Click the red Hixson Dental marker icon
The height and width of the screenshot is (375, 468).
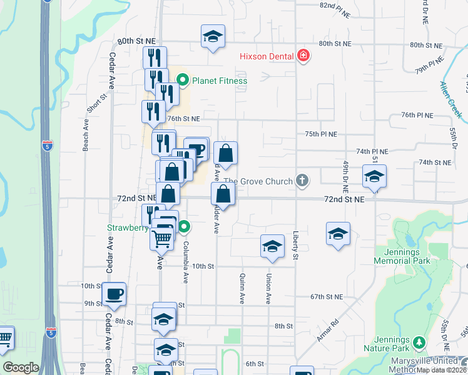tap(303, 56)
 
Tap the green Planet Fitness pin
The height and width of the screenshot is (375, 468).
tap(183, 80)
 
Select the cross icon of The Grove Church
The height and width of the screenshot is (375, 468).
tap(302, 181)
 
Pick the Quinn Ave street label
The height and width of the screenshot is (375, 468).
tap(242, 288)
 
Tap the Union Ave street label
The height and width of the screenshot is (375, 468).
tap(268, 289)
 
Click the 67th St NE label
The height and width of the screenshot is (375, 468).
tap(327, 296)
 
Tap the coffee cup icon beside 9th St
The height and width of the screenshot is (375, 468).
tap(114, 294)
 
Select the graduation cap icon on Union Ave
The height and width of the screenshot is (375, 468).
tap(272, 246)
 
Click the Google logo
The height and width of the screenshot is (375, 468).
tap(21, 367)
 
